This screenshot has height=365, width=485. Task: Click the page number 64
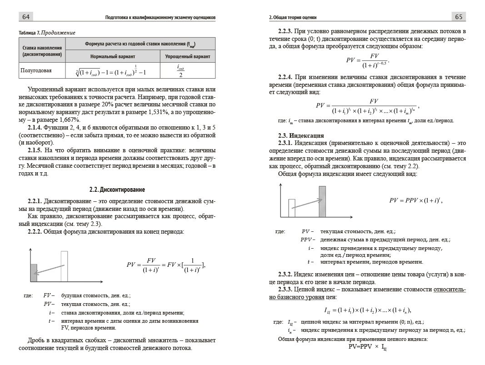[26, 17]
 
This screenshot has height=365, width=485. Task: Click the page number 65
[458, 17]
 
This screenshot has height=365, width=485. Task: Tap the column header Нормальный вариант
[113, 56]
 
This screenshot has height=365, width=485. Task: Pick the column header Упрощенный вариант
[187, 56]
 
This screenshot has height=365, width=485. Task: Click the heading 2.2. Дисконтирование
[117, 189]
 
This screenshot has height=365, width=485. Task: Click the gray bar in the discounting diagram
[33, 273]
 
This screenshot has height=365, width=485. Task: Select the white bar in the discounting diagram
[64, 266]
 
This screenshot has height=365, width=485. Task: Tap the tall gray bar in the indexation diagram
[322, 201]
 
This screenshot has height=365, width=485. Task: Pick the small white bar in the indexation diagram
[292, 208]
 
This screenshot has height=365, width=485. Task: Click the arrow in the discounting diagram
[49, 269]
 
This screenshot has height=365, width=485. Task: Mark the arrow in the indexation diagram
[307, 203]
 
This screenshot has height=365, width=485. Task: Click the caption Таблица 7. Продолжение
[47, 33]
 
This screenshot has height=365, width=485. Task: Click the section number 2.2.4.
[285, 78]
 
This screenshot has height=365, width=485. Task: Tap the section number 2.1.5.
[35, 150]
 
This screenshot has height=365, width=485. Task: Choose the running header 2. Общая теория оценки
[293, 17]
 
